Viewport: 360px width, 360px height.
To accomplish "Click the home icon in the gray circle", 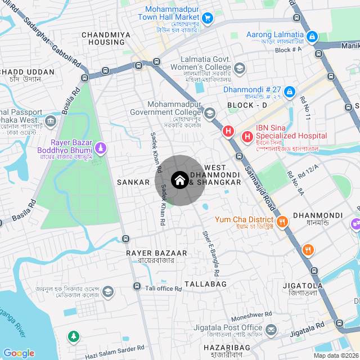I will (x=179, y=181).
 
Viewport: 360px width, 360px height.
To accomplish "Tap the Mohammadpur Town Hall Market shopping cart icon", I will (x=208, y=19).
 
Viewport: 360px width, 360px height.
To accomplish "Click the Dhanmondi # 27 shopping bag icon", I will (x=289, y=91).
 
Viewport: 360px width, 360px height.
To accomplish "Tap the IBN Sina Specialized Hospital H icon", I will (x=247, y=136).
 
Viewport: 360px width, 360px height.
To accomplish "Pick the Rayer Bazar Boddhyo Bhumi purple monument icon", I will (x=100, y=148).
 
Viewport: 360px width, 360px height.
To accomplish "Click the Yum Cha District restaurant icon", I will (x=282, y=221).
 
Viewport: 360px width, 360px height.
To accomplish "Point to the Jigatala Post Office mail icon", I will (x=271, y=329).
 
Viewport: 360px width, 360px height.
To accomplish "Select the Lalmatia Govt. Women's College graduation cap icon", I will (x=240, y=68).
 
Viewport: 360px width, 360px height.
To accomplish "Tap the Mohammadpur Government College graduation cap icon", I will (x=210, y=114).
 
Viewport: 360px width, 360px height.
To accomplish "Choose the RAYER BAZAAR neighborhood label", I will (x=150, y=253).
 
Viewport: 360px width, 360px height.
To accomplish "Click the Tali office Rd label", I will (x=164, y=289).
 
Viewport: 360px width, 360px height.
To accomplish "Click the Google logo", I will (x=19, y=353).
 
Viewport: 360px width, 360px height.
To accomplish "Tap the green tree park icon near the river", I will (x=73, y=337).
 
